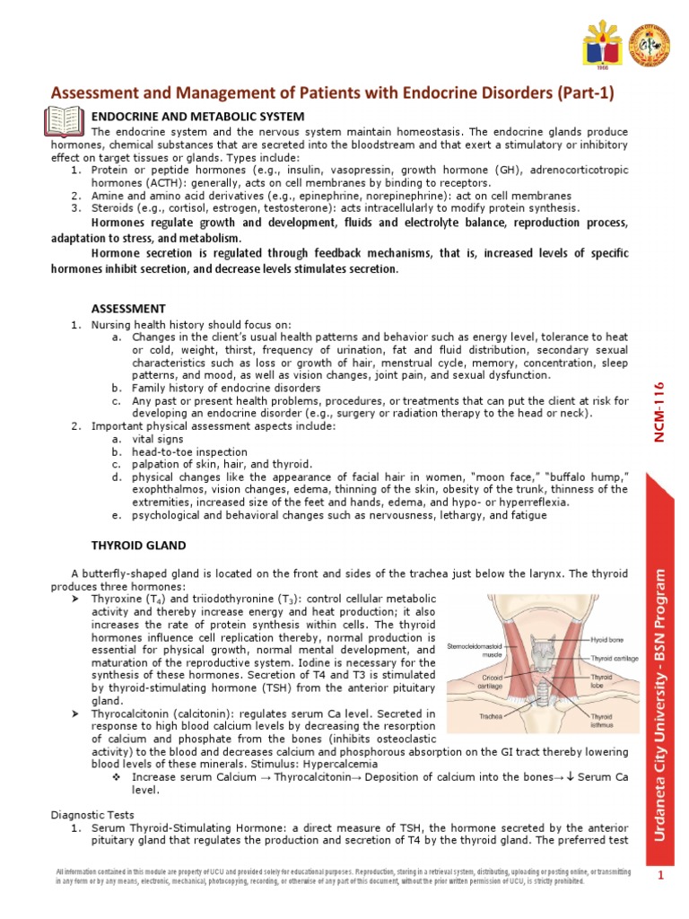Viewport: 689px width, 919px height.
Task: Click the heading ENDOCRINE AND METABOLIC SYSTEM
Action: [198, 117]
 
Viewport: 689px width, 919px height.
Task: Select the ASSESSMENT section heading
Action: [129, 308]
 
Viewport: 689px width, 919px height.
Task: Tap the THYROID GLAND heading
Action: [139, 545]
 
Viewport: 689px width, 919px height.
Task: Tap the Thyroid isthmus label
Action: [601, 722]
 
